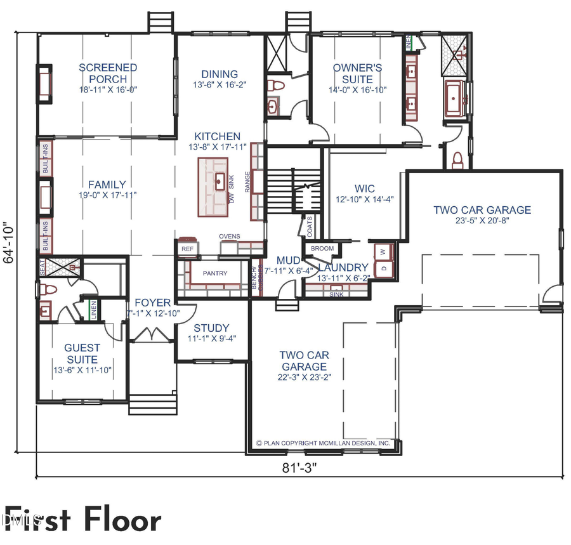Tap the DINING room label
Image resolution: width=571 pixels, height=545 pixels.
(220, 74)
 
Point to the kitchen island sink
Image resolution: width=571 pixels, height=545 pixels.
(219, 181)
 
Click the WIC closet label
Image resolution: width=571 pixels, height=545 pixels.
(365, 188)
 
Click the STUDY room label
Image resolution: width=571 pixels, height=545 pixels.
(211, 328)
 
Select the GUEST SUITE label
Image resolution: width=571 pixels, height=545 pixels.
(82, 353)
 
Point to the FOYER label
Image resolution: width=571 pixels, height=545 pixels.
(148, 303)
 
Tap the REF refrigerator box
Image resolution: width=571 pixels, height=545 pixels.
(187, 249)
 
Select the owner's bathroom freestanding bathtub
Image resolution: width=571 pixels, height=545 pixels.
(456, 98)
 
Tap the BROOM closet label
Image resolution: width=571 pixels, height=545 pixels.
(322, 249)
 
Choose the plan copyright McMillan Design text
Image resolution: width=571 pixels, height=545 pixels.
(323, 443)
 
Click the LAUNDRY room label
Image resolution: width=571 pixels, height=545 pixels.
(343, 268)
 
